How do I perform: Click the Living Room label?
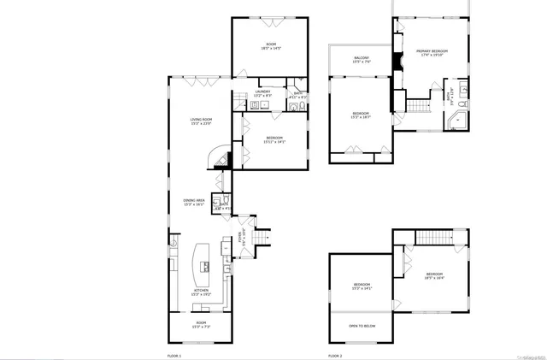[201, 121]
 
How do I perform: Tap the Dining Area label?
[194, 203]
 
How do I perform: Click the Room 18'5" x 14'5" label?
[271, 46]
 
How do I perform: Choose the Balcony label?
[362, 60]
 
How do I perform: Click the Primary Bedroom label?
[432, 53]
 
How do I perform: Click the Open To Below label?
[362, 326]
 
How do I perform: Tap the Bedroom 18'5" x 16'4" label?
[434, 275]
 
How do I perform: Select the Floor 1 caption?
[174, 354]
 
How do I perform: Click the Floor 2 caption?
[335, 354]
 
